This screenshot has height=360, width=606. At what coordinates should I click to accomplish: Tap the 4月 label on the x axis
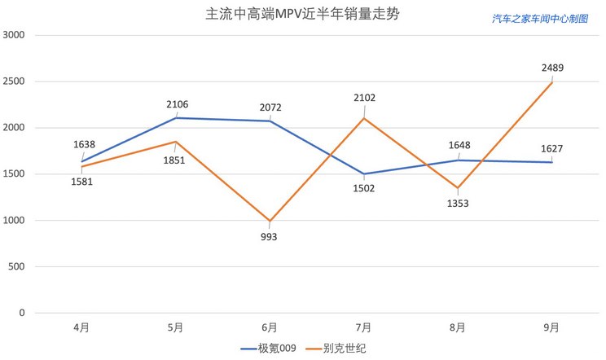click(x=81, y=327)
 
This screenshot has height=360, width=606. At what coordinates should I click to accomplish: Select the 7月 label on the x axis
click(x=363, y=327)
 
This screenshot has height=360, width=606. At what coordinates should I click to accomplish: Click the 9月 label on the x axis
click(x=551, y=327)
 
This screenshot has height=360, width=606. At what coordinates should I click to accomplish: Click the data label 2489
click(x=551, y=68)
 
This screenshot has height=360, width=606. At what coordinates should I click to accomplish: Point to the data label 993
click(x=269, y=236)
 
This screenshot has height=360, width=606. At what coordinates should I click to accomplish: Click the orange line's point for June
click(x=270, y=221)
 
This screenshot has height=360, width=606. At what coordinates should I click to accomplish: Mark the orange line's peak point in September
click(x=551, y=82)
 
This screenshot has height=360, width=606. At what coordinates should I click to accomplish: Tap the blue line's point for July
click(x=363, y=173)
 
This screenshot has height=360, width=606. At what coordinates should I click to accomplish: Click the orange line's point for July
click(x=363, y=118)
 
